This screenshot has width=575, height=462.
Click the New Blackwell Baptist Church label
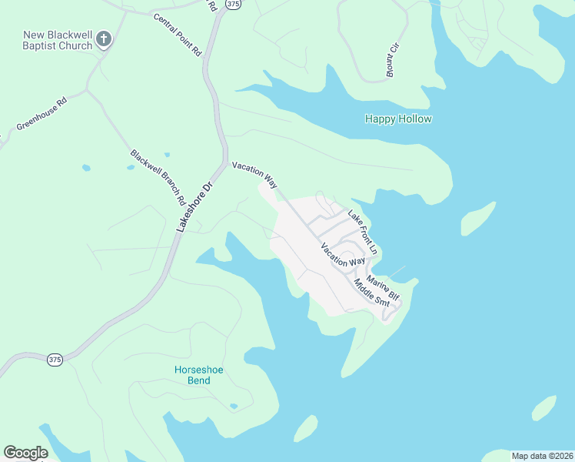coord(58,40)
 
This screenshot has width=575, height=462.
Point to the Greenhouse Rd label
coord(42,112)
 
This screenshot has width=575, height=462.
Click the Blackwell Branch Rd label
coord(158,177)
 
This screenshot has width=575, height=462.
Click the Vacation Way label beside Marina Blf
coord(343,255)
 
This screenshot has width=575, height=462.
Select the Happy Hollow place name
coord(397,119)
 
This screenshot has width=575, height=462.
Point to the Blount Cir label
coord(393,60)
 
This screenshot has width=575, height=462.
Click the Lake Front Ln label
coord(363,232)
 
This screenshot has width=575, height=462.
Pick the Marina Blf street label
coord(383,288)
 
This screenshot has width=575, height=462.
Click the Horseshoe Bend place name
coord(198,375)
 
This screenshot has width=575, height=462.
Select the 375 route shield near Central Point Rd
coord(234,5)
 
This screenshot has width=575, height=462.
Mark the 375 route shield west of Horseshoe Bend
coord(55,359)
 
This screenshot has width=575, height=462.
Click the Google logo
coord(25,453)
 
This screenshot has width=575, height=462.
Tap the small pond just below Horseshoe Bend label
coord(234,406)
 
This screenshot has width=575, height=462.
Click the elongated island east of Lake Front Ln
coord(478,219)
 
